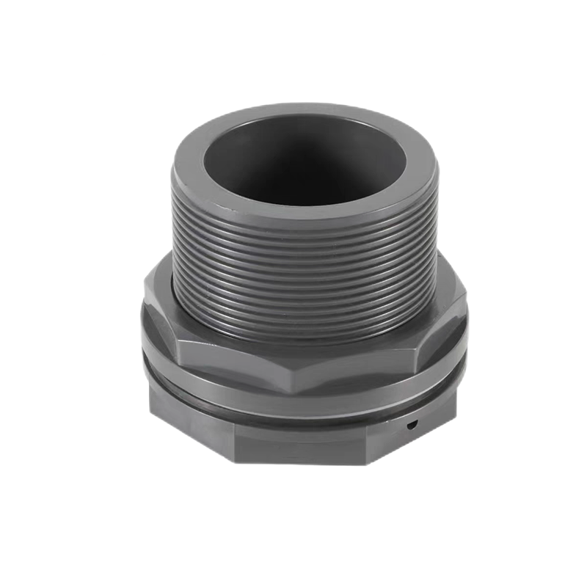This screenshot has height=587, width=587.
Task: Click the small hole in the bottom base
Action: (x=412, y=424)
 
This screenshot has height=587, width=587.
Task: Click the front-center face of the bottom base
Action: (x=301, y=444)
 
